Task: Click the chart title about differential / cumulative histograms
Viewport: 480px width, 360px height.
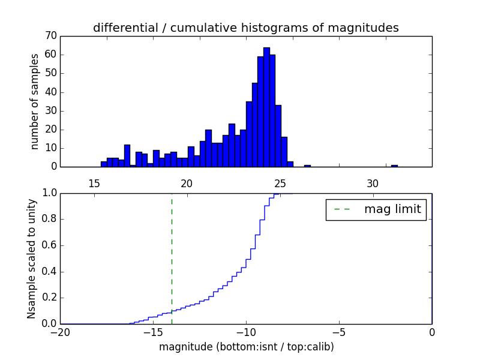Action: click(246, 28)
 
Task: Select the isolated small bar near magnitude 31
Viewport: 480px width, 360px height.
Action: click(394, 166)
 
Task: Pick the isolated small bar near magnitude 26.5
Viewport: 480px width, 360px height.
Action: click(307, 166)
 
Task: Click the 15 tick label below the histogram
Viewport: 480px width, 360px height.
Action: click(94, 183)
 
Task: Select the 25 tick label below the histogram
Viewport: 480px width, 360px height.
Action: click(280, 183)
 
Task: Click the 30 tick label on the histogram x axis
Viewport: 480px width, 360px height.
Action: click(373, 183)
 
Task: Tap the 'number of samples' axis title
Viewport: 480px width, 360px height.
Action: click(35, 101)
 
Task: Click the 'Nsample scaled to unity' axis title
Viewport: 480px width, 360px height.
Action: click(32, 258)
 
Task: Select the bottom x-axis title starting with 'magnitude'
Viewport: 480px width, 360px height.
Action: click(246, 347)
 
